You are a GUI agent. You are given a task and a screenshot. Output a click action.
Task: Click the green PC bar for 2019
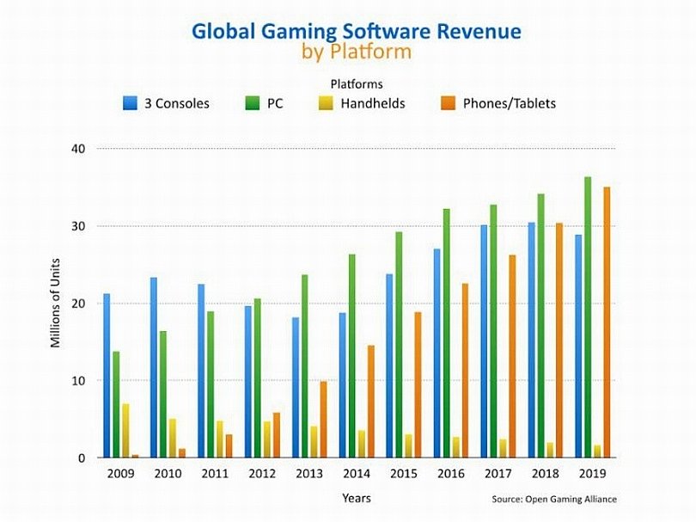tap(587, 317)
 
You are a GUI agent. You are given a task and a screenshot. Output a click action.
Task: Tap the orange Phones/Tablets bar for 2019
tap(607, 322)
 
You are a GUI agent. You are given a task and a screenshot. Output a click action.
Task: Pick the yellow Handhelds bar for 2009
tap(126, 431)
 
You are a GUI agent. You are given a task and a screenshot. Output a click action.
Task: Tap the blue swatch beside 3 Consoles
tap(129, 103)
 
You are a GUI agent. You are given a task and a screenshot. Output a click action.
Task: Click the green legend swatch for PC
tap(253, 103)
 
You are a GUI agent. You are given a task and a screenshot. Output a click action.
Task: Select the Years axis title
tap(356, 498)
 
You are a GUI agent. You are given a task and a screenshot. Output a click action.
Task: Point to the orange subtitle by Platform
tap(356, 52)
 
